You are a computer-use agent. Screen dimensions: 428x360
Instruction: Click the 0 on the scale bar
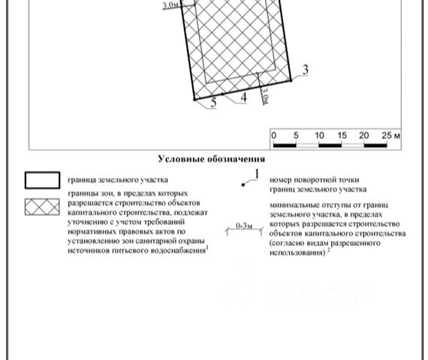pos(274,136)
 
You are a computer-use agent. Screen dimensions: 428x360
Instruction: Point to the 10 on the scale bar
pos(319,136)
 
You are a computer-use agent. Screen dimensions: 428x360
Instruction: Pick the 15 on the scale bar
pos(342,136)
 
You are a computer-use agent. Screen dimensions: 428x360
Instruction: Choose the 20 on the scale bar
pos(364,136)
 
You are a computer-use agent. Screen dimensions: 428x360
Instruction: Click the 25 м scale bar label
pos(391,136)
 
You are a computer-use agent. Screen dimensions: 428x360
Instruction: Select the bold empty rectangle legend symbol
pos(42,180)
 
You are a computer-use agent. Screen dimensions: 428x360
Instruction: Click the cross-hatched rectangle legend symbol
pos(42,207)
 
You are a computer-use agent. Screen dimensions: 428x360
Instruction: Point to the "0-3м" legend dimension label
pos(244,226)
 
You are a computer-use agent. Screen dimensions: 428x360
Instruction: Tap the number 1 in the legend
pos(257,174)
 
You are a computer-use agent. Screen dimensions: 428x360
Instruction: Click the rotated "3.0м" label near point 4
pos(264,95)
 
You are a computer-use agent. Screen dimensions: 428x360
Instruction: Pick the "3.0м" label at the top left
pos(171,5)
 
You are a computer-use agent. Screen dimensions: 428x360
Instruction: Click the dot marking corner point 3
pos(291,80)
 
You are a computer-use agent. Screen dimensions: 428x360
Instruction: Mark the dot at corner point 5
pos(194,100)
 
